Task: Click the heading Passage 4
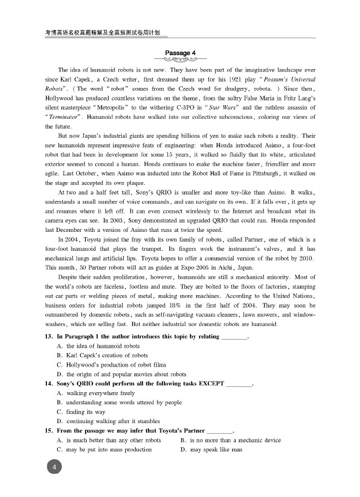click(x=180, y=53)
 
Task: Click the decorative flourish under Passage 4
click(x=180, y=60)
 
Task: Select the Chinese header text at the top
click(x=102, y=33)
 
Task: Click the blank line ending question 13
click(x=234, y=337)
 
